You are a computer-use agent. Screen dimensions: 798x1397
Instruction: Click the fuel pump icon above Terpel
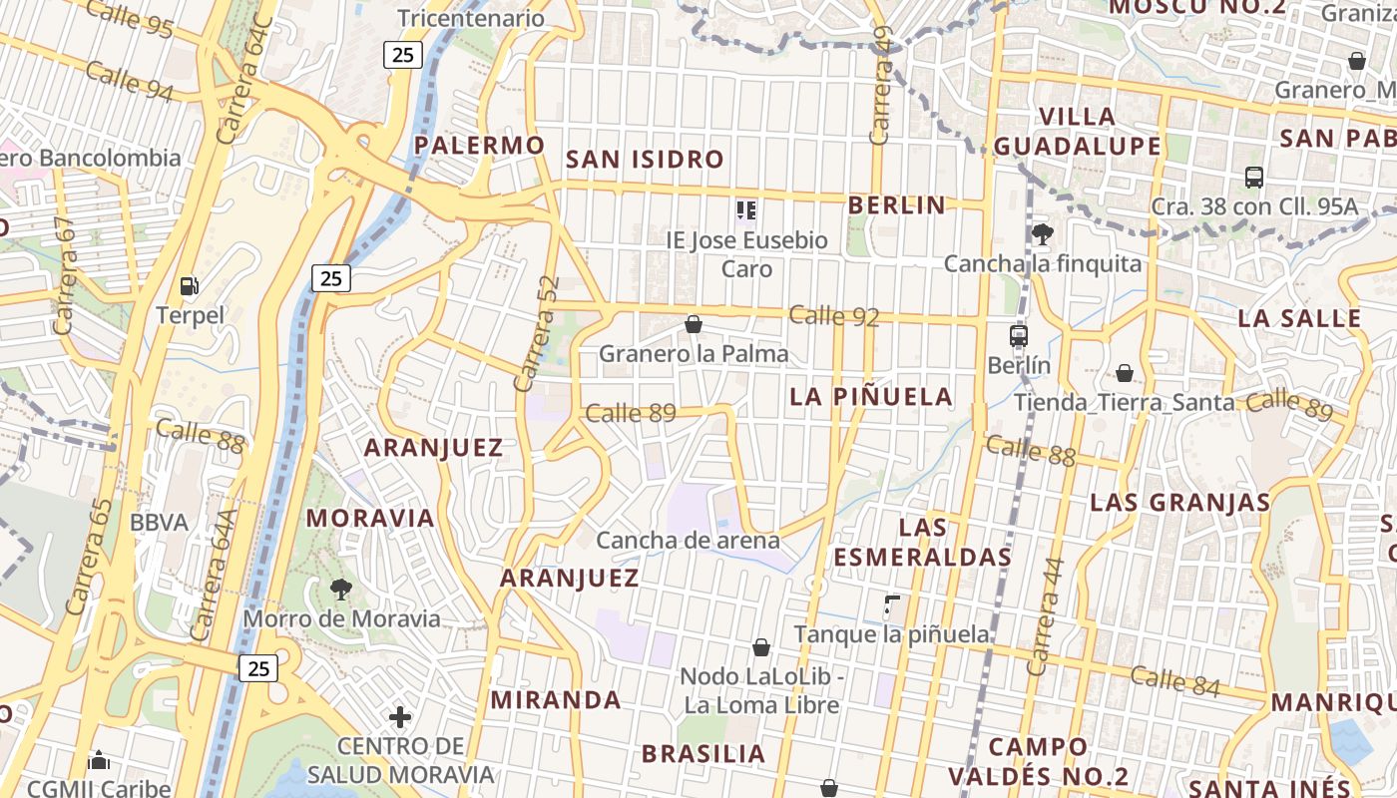click(189, 286)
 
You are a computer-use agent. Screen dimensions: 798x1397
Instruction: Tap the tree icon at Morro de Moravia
click(341, 589)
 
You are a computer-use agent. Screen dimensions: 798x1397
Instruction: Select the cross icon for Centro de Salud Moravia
click(400, 716)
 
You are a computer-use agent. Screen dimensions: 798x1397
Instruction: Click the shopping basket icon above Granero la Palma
click(694, 324)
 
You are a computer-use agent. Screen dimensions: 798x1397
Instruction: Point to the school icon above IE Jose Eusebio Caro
click(745, 210)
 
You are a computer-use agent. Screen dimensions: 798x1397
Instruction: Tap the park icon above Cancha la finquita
click(1042, 234)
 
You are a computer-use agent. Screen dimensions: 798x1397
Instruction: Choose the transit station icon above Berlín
click(1018, 336)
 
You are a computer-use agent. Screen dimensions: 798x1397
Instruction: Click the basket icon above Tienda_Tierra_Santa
click(1125, 373)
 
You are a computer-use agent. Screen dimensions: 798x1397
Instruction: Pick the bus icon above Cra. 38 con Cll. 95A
click(1254, 178)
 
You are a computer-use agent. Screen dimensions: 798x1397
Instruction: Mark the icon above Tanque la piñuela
click(891, 604)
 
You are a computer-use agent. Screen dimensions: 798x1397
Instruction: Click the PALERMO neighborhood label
click(480, 146)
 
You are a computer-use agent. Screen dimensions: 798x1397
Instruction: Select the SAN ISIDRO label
click(645, 159)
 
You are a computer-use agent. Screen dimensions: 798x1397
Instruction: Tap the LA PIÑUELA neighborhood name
click(871, 396)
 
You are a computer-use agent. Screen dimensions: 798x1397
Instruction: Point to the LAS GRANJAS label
click(1179, 502)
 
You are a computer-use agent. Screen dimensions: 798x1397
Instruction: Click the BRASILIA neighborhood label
click(703, 753)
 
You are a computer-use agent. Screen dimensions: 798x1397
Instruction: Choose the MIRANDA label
click(556, 699)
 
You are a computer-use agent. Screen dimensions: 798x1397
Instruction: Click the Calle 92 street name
click(834, 317)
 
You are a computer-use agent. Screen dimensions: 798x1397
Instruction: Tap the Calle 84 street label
click(1175, 680)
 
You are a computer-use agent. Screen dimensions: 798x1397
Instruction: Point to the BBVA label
click(159, 523)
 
